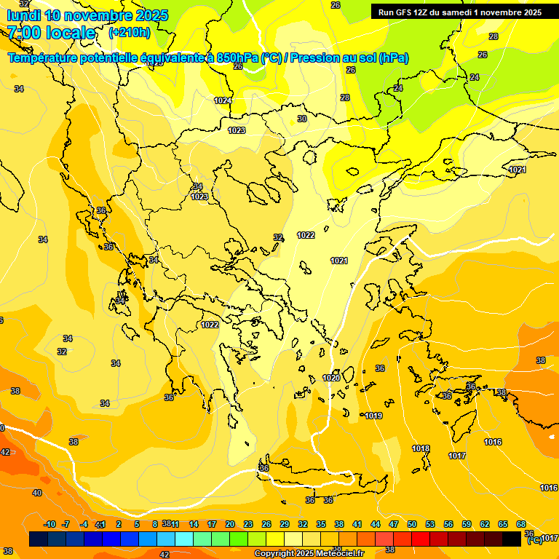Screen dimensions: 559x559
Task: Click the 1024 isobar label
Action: pos(223,100)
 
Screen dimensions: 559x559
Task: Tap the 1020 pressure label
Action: pos(331,378)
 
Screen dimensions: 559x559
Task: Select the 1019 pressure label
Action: pos(373,416)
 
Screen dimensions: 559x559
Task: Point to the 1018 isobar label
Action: pos(421,448)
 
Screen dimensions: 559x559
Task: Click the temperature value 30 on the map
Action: pos(302,119)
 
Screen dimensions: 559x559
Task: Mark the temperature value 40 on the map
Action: pos(37,493)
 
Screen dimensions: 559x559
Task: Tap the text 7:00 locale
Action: pos(52,33)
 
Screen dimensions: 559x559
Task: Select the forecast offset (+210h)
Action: pos(130,33)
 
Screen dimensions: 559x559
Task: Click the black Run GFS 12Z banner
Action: pos(459,12)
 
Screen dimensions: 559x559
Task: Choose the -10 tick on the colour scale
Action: pos(49,524)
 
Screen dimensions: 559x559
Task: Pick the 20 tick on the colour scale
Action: pos(230,524)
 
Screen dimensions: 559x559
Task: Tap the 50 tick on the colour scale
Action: pos(412,524)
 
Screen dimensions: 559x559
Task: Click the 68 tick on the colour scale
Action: pos(521,524)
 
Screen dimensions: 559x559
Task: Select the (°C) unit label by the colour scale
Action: pos(534,539)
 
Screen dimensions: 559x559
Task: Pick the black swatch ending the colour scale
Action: pos(512,539)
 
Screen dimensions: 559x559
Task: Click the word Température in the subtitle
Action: pos(46,58)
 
